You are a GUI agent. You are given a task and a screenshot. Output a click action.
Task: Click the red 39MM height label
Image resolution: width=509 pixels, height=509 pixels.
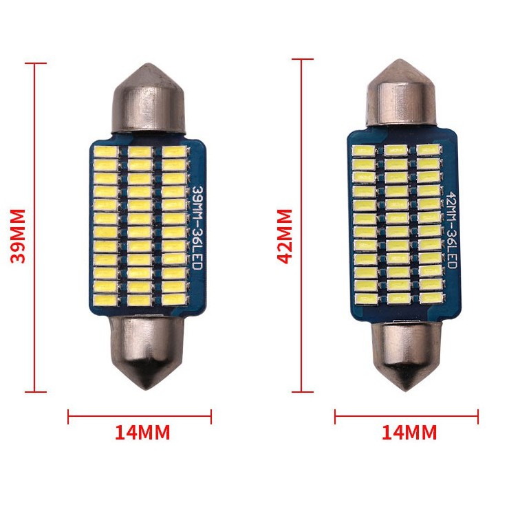18,236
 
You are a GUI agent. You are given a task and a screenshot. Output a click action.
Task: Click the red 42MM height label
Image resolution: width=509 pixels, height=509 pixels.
285,236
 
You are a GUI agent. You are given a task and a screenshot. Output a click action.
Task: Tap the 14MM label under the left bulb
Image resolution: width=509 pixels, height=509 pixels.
142,433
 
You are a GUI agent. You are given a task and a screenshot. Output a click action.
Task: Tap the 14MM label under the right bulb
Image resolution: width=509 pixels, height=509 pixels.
409,433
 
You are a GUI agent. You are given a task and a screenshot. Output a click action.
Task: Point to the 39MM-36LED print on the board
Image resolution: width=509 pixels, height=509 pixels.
197,227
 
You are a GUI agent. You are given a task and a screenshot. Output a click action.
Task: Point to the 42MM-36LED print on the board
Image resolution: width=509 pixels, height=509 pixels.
452,230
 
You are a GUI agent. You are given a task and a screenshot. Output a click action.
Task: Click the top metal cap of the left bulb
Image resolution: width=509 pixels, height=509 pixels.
149,98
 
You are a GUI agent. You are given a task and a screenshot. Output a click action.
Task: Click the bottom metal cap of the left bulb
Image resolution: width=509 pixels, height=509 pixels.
147,352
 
